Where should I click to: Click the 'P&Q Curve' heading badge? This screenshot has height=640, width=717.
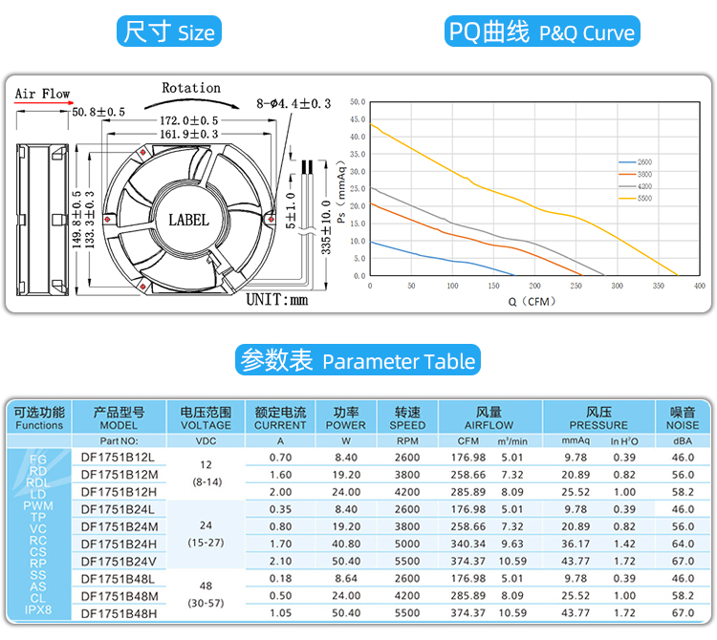[x=541, y=32]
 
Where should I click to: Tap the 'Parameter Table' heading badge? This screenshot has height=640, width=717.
[x=358, y=361]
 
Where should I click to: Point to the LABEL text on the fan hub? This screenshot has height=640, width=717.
[x=188, y=220]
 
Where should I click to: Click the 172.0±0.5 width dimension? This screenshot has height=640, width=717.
[x=188, y=121]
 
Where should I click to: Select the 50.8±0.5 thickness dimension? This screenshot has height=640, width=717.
[x=98, y=112]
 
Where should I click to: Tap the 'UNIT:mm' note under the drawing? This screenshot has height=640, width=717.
[x=277, y=300]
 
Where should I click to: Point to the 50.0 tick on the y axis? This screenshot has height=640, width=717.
[x=358, y=101]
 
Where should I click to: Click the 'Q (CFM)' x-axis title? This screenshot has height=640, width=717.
[x=532, y=301]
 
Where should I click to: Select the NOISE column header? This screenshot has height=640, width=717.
[x=683, y=418]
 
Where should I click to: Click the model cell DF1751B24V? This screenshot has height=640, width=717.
[x=119, y=562]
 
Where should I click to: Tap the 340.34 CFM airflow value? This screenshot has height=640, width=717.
[x=468, y=544]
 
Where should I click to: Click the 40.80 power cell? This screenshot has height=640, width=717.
[x=345, y=544]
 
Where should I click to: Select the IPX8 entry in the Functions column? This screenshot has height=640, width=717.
[x=39, y=609]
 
